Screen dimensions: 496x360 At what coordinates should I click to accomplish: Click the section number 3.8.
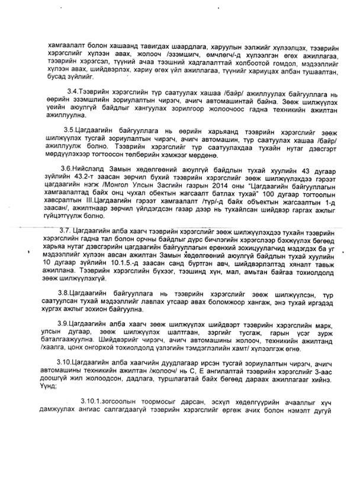73,293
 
